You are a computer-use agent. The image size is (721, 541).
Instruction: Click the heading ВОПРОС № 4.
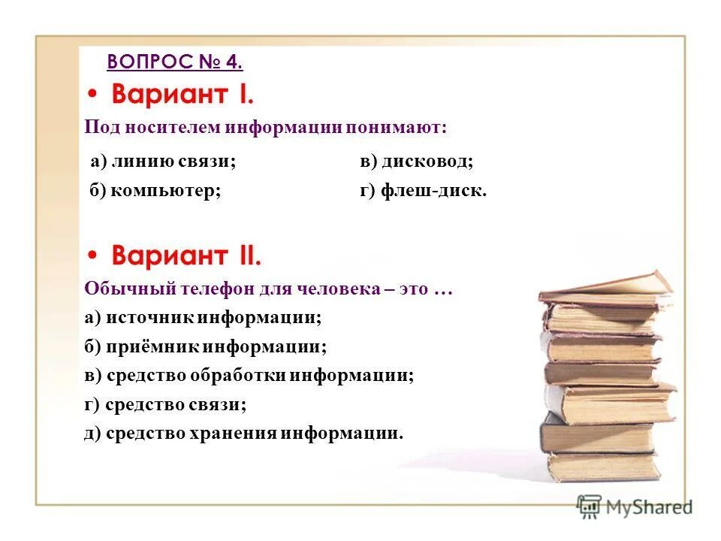[175, 62]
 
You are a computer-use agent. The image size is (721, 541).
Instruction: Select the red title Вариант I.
[183, 96]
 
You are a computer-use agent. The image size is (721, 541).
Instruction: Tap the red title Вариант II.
[186, 257]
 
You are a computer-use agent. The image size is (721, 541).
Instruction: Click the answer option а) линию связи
[163, 161]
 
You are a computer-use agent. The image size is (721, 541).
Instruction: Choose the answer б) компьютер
[155, 190]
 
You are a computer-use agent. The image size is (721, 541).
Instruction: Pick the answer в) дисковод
[416, 161]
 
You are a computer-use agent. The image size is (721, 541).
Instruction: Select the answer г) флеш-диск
[424, 190]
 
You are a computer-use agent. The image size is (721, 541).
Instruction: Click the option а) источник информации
[203, 318]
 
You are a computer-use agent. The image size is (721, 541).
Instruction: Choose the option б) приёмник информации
[206, 347]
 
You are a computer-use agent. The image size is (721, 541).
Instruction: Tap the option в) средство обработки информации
[249, 376]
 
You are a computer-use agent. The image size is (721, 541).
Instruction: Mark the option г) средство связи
[165, 404]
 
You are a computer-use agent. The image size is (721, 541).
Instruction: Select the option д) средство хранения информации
[243, 434]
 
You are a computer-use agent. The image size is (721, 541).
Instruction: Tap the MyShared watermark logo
[635, 507]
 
